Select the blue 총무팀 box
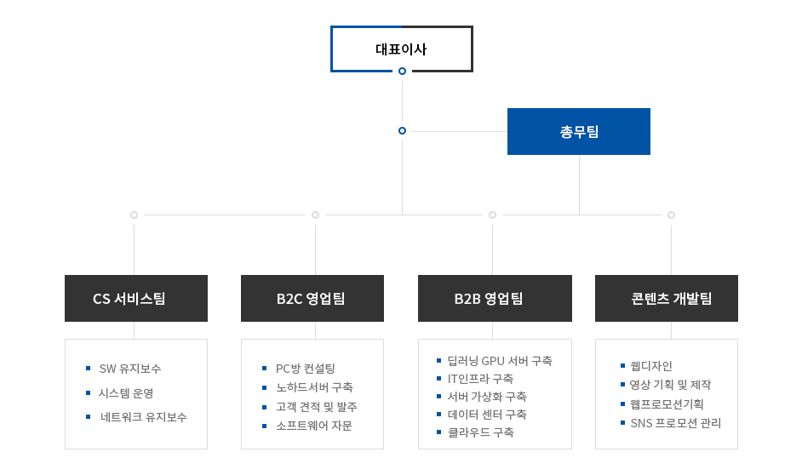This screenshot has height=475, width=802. [578, 131]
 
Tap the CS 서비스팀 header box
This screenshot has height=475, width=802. [136, 298]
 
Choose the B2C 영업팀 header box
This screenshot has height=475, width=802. [312, 298]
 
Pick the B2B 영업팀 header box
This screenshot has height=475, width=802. [495, 298]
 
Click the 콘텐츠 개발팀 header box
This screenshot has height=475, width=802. [667, 298]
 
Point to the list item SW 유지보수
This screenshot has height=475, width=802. [130, 368]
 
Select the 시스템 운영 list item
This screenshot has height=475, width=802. [126, 392]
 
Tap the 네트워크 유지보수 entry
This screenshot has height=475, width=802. [144, 417]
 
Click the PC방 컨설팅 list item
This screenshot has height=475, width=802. [306, 368]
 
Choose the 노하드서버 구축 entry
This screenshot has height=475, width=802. [314, 387]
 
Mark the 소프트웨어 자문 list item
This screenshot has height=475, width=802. [314, 426]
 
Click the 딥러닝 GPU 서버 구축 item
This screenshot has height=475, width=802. [500, 360]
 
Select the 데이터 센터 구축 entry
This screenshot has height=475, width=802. [487, 415]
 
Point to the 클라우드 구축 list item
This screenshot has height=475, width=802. [481, 432]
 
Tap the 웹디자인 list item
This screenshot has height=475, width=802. [651, 365]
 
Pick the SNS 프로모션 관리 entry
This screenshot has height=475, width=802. [676, 423]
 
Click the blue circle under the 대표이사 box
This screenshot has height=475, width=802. [402, 71]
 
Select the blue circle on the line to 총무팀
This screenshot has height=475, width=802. [402, 131]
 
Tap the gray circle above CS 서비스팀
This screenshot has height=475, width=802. [134, 215]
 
